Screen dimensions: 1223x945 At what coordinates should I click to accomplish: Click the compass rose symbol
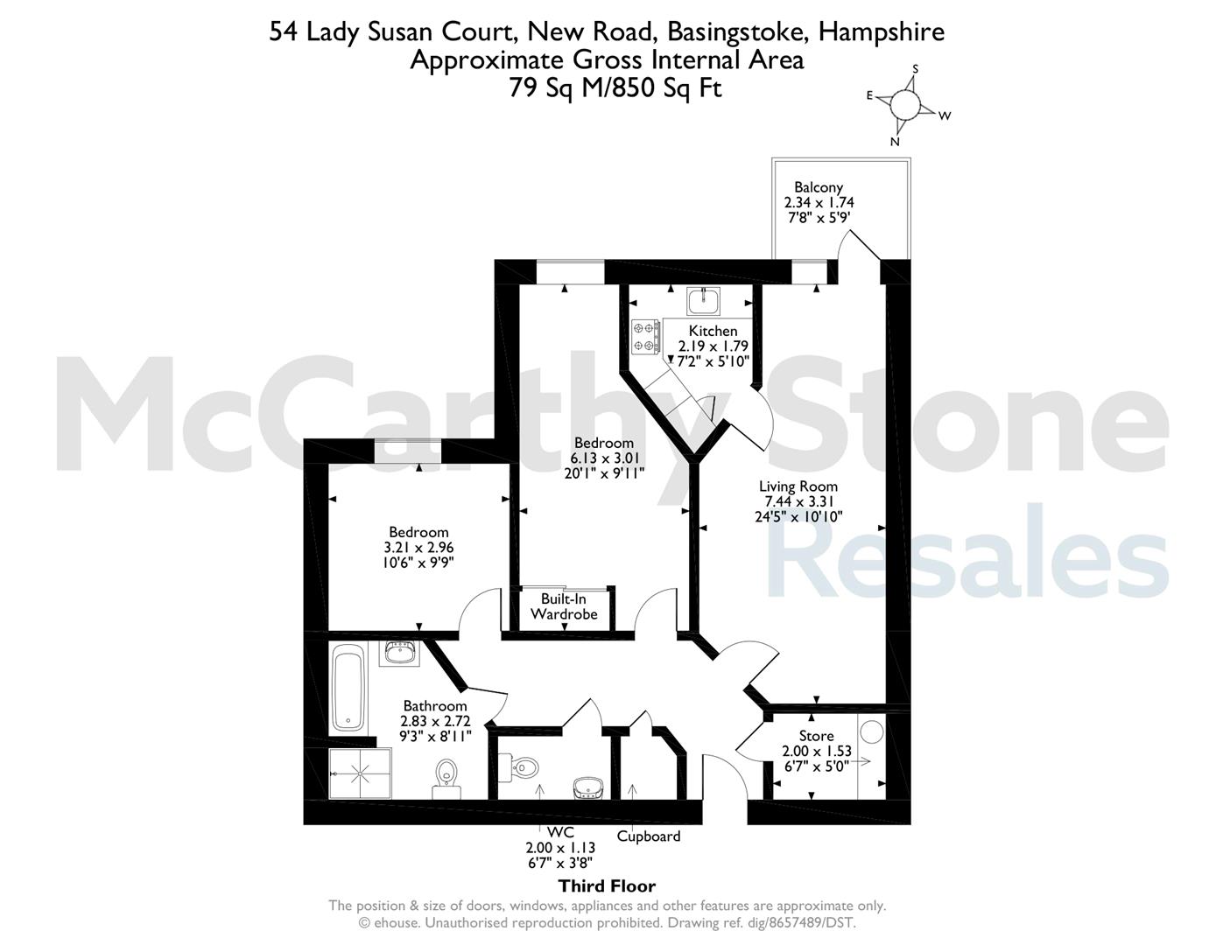pyautogui.click(x=905, y=104)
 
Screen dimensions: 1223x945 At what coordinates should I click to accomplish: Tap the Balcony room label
pyautogui.click(x=819, y=186)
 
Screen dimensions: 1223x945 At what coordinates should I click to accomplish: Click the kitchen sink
pyautogui.click(x=703, y=301)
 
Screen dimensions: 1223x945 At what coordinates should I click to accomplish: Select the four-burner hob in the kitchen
pyautogui.click(x=645, y=336)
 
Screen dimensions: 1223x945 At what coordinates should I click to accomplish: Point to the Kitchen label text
pyautogui.click(x=713, y=331)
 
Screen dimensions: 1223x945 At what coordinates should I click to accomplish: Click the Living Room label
pyautogui.click(x=798, y=486)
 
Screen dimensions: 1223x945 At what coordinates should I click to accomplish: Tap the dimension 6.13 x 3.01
pyautogui.click(x=604, y=458)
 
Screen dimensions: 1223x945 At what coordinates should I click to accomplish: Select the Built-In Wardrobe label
pyautogui.click(x=564, y=606)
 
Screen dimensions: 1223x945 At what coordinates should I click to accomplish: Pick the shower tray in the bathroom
pyautogui.click(x=360, y=773)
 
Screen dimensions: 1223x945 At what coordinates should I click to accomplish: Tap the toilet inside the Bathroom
pyautogui.click(x=446, y=779)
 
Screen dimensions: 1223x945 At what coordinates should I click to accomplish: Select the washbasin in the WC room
pyautogui.click(x=588, y=787)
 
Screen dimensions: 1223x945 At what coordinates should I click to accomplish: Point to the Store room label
pyautogui.click(x=816, y=736)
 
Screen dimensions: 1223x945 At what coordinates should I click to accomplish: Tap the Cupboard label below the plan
pyautogui.click(x=649, y=836)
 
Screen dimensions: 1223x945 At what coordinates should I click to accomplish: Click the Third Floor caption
pyautogui.click(x=607, y=886)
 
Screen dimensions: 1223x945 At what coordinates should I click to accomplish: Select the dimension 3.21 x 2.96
pyautogui.click(x=418, y=548)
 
